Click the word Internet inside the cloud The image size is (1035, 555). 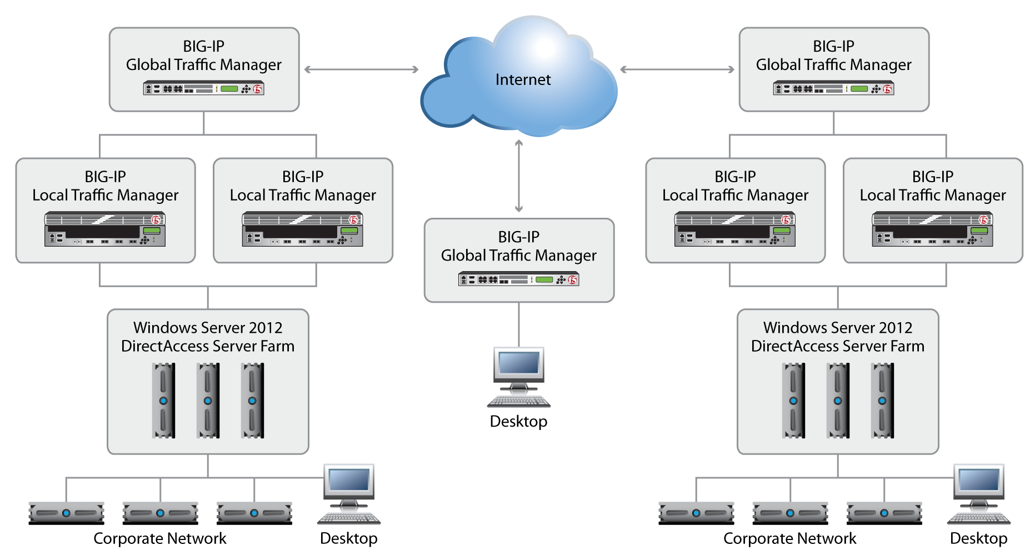[523, 79]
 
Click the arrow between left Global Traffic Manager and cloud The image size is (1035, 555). [361, 69]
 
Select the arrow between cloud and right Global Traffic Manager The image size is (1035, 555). [677, 69]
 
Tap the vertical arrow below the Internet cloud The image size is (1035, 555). [519, 176]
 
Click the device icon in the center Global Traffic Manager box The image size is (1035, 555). [518, 279]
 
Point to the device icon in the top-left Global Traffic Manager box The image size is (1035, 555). [203, 88]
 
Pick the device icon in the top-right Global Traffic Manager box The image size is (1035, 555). [833, 88]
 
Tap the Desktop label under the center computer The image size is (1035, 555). [518, 421]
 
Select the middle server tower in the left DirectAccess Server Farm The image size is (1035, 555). [208, 401]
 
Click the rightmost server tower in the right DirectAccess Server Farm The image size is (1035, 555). [882, 401]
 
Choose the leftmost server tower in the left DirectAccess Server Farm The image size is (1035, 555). [163, 401]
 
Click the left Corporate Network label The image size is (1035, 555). [160, 538]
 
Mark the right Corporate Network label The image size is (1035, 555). [789, 538]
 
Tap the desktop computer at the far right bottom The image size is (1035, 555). [979, 494]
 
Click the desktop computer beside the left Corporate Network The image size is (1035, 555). [349, 494]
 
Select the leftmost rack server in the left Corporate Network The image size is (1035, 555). [66, 513]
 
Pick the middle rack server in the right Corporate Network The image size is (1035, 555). [790, 513]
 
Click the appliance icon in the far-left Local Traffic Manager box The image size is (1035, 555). [105, 229]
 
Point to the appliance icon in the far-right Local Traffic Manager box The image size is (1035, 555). [932, 229]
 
